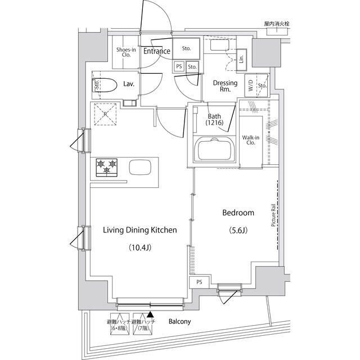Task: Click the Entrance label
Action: [x=156, y=51]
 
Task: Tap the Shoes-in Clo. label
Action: [x=124, y=52]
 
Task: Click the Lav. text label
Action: [x=128, y=84]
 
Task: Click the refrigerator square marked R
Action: [x=105, y=114]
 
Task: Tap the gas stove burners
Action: [x=107, y=167]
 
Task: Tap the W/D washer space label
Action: [x=249, y=86]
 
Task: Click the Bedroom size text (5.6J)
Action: [x=238, y=231]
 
